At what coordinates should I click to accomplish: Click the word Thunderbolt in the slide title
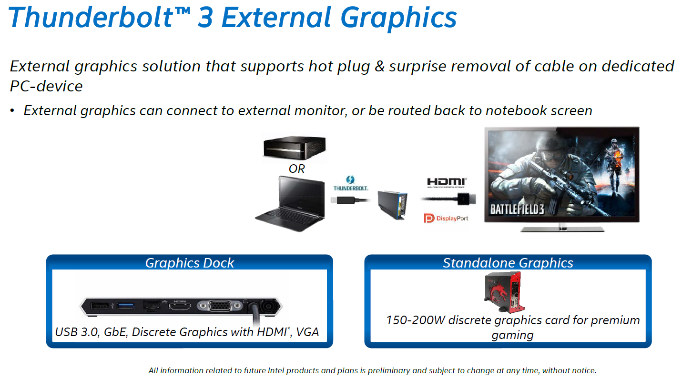click(x=92, y=17)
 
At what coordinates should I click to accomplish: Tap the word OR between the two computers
click(x=296, y=169)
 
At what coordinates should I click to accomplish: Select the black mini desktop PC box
click(x=295, y=148)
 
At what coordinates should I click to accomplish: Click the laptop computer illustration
click(x=290, y=204)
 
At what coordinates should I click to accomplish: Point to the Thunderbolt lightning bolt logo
click(x=350, y=179)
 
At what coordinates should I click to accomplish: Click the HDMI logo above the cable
click(x=447, y=182)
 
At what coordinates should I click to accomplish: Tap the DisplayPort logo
click(x=446, y=218)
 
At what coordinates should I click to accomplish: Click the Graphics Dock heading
click(x=189, y=263)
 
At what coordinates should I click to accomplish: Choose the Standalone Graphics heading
click(x=508, y=263)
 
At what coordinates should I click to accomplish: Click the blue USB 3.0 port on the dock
click(x=125, y=306)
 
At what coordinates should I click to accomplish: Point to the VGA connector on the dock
click(x=219, y=306)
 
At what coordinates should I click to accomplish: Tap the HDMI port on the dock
click(x=180, y=307)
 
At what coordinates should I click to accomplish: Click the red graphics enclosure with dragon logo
click(x=504, y=292)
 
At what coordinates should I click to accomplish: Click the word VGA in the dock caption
click(x=307, y=332)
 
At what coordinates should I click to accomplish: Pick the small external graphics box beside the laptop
click(x=392, y=204)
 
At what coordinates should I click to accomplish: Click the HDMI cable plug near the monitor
click(x=466, y=199)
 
